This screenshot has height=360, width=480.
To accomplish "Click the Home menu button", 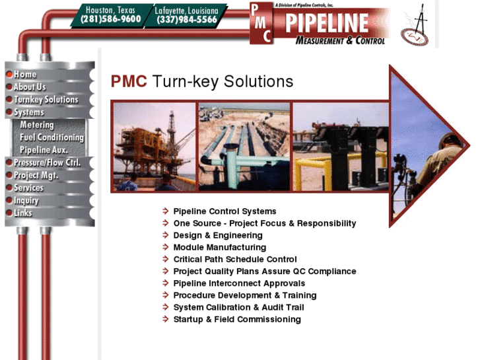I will tap(26, 75).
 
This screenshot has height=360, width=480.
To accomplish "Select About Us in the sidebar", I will tap(30, 87).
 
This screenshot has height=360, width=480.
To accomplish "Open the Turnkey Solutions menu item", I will tap(46, 100).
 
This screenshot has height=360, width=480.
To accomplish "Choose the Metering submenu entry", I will tap(37, 125).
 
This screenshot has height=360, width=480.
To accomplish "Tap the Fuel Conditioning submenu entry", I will tap(51, 137).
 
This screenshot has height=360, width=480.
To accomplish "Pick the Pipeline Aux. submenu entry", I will tap(44, 150).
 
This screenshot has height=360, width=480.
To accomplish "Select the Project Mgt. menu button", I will tap(36, 176).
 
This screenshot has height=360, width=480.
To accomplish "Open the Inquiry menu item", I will tap(27, 201).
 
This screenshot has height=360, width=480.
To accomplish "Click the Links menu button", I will tap(23, 213).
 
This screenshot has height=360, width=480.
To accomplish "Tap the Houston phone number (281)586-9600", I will tap(111, 19).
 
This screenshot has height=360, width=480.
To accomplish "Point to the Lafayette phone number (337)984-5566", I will tap(187, 20).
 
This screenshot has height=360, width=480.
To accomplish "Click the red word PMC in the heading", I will tap(129, 81).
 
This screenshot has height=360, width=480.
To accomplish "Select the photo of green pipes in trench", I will tap(244, 146).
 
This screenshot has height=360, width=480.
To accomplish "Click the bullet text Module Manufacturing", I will tap(219, 247).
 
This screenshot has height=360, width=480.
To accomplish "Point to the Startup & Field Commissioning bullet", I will tap(237, 319).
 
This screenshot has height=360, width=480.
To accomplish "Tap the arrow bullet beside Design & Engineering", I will tap(166, 235).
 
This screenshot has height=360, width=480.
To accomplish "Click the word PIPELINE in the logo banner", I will tap(326, 22).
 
